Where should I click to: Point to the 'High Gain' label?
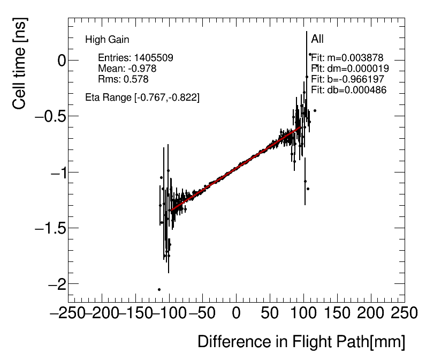[107, 40]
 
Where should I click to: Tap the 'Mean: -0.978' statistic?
[127, 69]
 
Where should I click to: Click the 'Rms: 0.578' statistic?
[123, 79]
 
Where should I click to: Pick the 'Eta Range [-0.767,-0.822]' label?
[142, 97]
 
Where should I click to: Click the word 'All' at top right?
[317, 39]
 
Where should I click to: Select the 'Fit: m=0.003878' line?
[348, 58]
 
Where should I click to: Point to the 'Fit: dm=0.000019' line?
[350, 69]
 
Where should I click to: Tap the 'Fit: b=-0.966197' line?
[348, 79]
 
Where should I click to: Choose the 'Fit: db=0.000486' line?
[349, 90]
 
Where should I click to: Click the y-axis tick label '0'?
[62, 61]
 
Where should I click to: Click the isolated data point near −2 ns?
[159, 289]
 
